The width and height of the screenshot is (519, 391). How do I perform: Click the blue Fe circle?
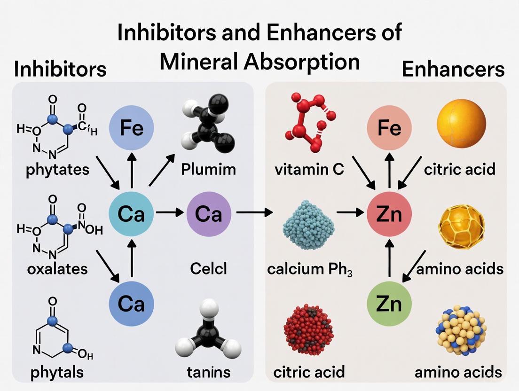(x=132, y=128)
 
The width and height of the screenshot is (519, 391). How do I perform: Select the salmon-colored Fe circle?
(x=389, y=128)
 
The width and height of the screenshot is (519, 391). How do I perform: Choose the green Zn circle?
(x=389, y=303)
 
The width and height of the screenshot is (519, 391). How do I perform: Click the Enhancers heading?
(x=453, y=70)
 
